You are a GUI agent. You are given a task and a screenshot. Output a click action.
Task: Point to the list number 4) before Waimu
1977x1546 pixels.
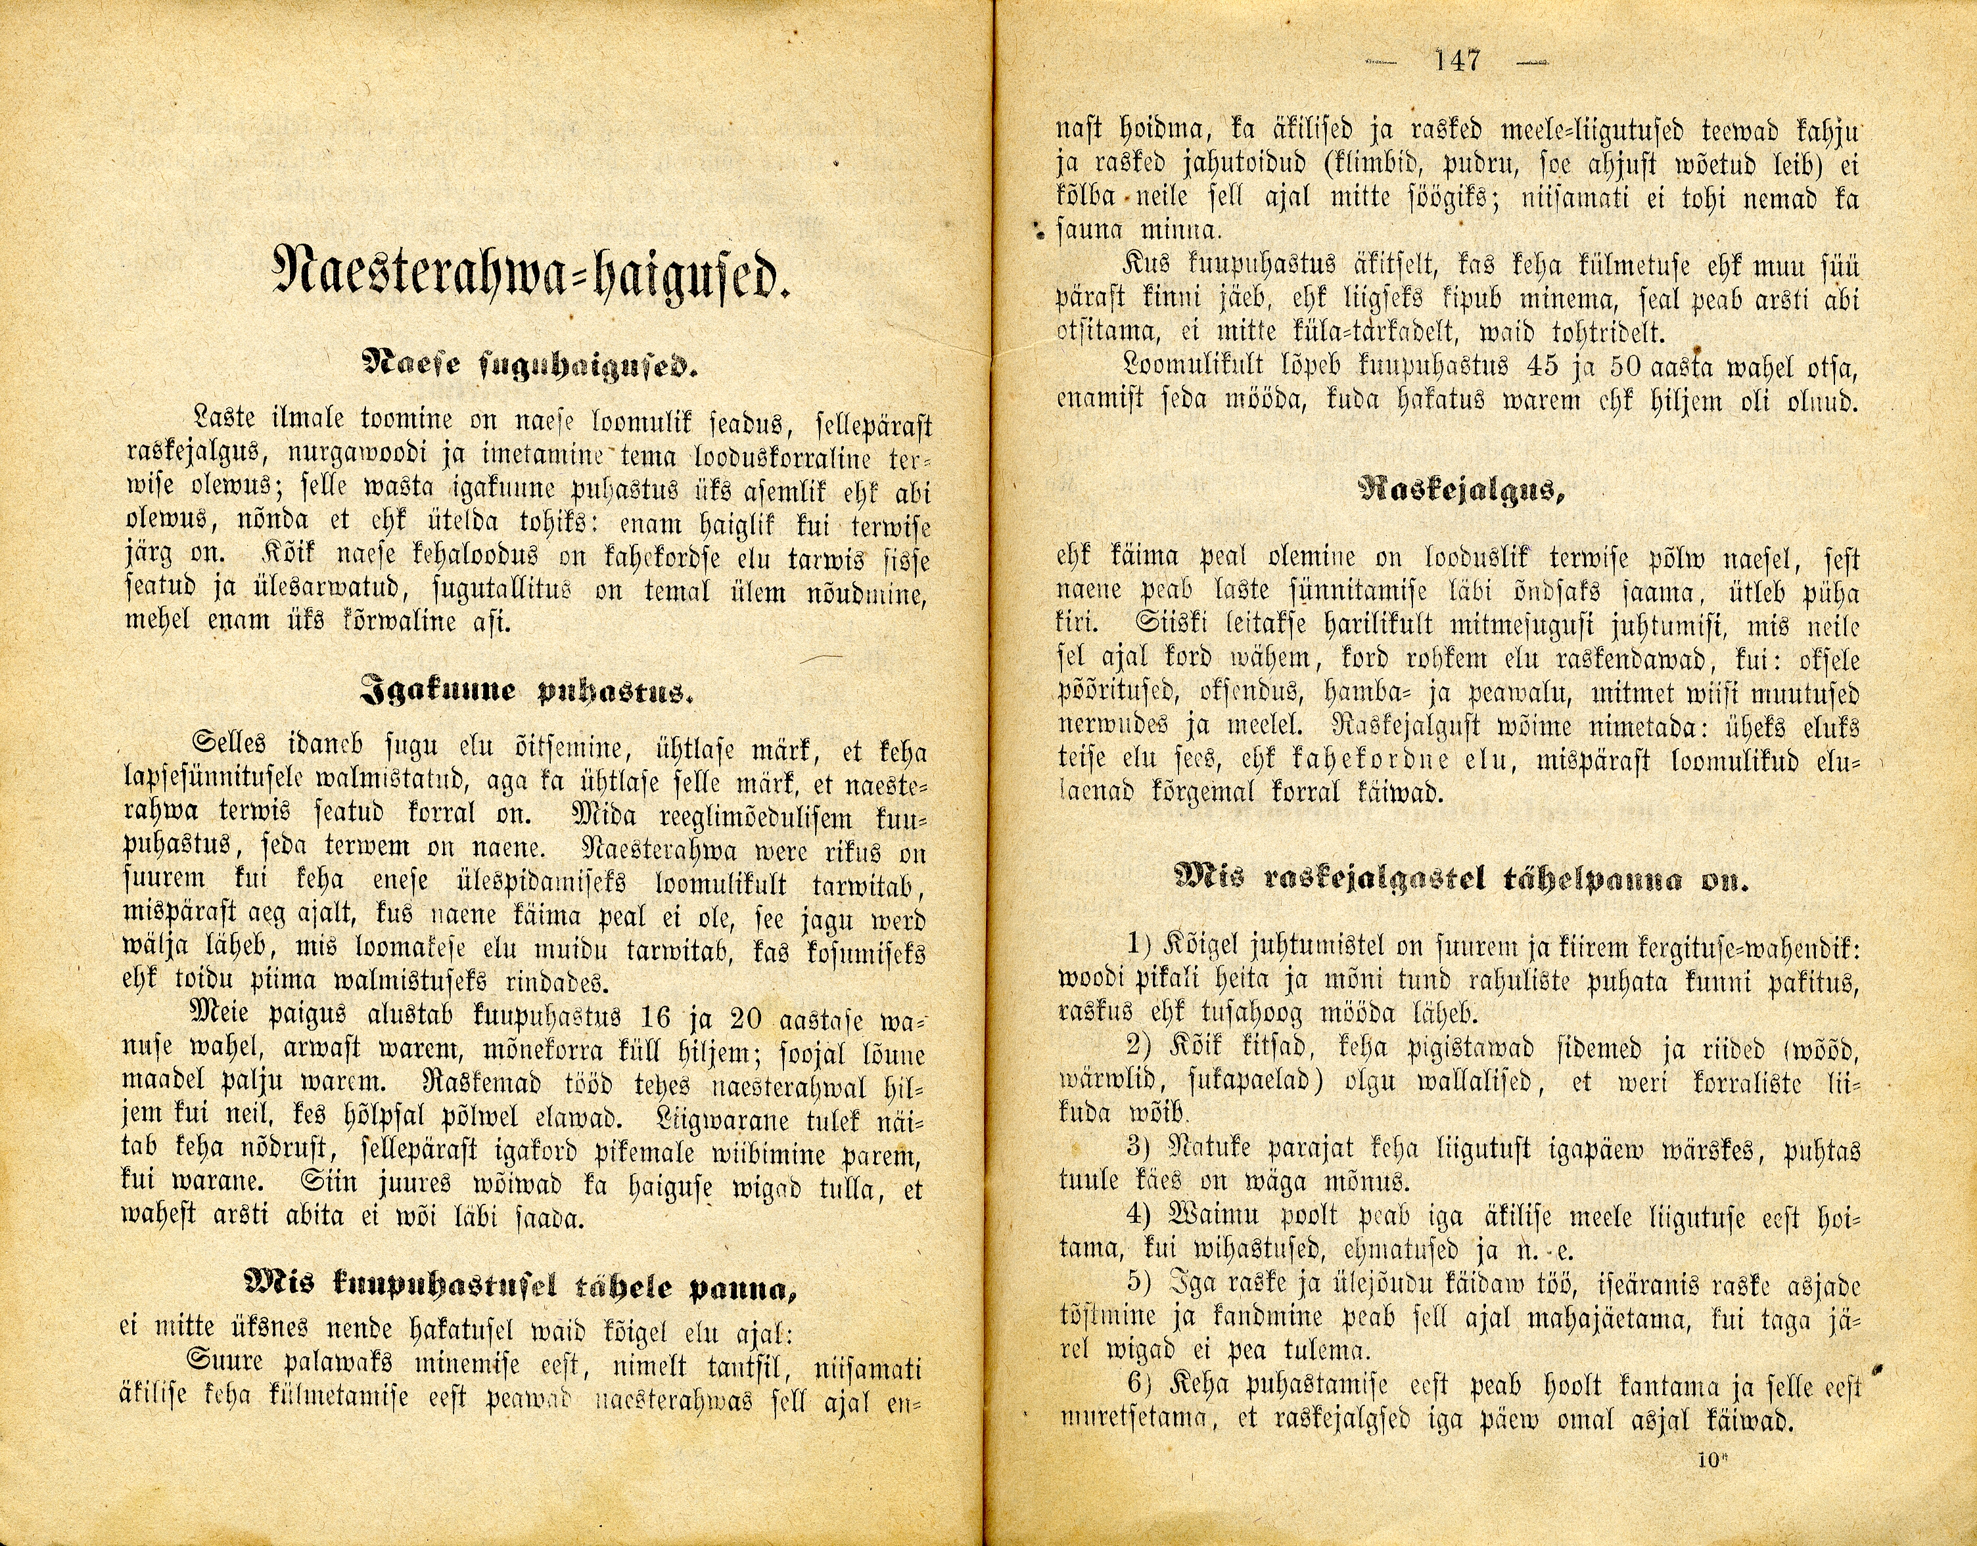1138,1218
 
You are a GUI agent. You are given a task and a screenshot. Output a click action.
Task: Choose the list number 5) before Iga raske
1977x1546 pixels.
1138,1285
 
